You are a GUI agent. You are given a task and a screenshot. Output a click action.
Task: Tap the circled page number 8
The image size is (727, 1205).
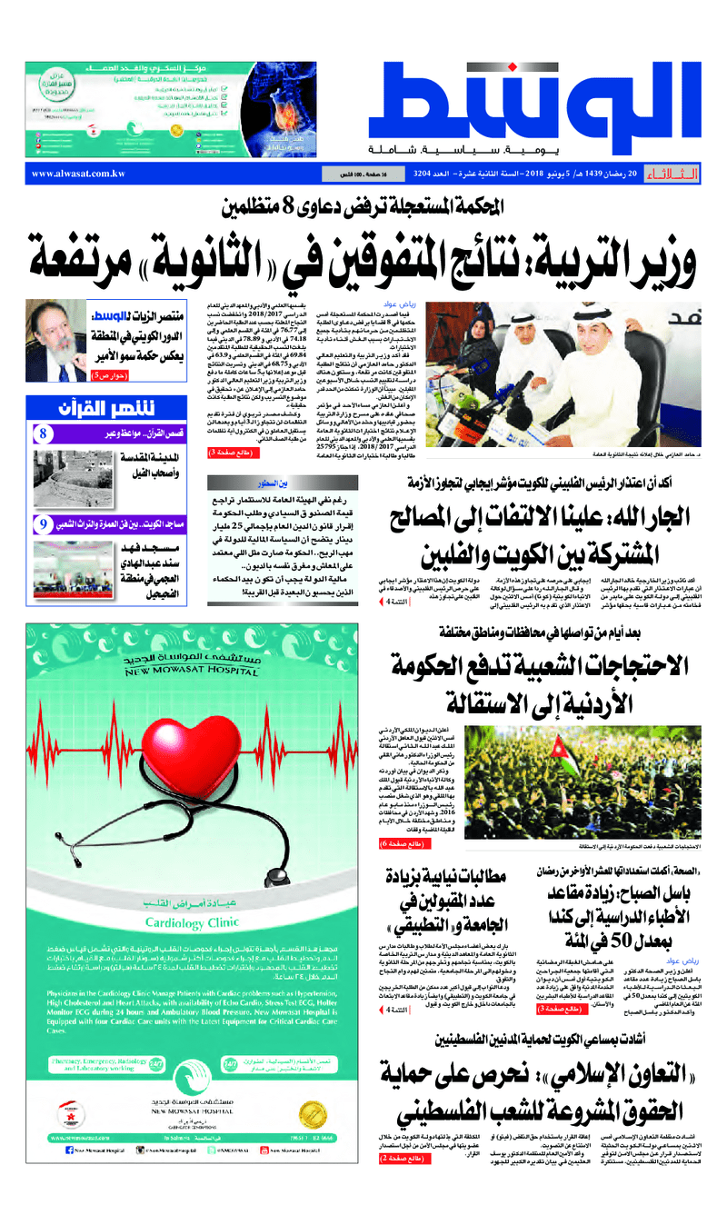click(x=43, y=434)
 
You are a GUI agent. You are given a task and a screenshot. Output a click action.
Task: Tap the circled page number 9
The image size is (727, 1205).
click(x=43, y=524)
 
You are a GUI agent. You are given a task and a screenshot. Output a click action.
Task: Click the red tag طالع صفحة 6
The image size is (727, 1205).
click(x=401, y=845)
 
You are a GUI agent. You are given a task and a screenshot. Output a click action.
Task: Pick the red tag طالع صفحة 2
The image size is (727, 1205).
click(x=402, y=1160)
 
